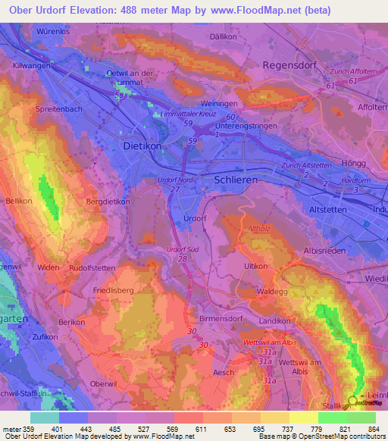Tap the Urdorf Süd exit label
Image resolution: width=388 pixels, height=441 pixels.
183,249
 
